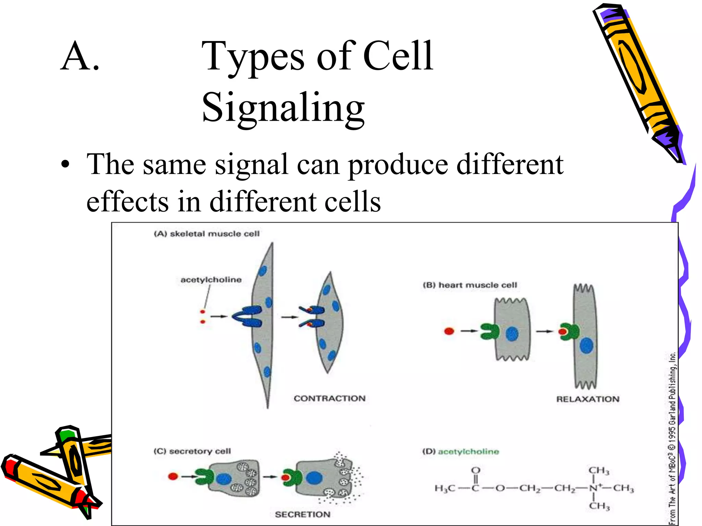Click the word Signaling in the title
pyautogui.click(x=283, y=108)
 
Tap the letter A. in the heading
pyautogui.click(x=80, y=57)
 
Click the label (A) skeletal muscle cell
pyautogui.click(x=207, y=234)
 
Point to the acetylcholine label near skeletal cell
pyautogui.click(x=211, y=280)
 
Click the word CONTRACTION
pyautogui.click(x=329, y=399)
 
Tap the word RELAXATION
pyautogui.click(x=588, y=399)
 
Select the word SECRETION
pyautogui.click(x=302, y=514)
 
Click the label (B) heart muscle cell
pyautogui.click(x=470, y=285)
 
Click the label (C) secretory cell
pyautogui.click(x=192, y=451)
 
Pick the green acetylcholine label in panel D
pyautogui.click(x=468, y=452)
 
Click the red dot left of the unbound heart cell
pyautogui.click(x=449, y=331)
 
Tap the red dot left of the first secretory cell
pyautogui.click(x=173, y=476)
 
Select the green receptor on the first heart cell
pyautogui.click(x=489, y=331)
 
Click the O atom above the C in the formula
pyautogui.click(x=476, y=470)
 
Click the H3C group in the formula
pyautogui.click(x=445, y=488)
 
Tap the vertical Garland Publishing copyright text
pyautogui.click(x=672, y=438)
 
